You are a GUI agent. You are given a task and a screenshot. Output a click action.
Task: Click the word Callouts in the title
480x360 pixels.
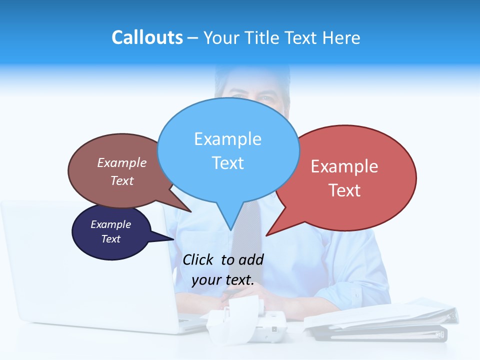[147, 37]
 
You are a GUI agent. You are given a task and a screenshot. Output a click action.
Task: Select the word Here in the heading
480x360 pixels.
[342, 37]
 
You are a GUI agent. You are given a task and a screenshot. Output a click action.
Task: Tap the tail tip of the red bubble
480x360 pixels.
[267, 235]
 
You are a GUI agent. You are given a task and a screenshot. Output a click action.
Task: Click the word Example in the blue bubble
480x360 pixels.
[228, 139]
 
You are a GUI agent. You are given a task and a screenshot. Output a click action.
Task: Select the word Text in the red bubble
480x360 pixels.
[344, 190]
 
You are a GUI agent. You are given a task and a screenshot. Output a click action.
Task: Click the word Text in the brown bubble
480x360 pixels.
[122, 181]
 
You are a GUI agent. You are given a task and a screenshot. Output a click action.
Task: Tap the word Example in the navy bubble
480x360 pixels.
[110, 224]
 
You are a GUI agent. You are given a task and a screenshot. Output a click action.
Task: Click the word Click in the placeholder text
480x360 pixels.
[198, 259]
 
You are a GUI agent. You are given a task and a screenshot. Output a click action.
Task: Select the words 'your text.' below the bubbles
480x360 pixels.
[223, 280]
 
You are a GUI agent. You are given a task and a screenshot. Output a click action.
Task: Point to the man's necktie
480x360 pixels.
[250, 235]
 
